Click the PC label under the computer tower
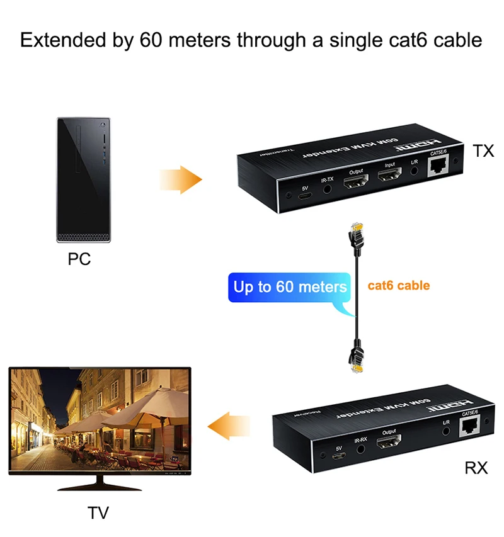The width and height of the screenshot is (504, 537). point(79,259)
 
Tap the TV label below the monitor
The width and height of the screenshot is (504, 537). point(98,513)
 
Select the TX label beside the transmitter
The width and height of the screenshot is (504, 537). point(483,150)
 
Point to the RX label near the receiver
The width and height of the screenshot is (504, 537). point(476,468)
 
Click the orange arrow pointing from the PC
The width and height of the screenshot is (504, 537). point(180,180)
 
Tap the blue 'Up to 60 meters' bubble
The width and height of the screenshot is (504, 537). point(290,288)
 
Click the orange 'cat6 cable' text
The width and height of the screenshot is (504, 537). point(398,285)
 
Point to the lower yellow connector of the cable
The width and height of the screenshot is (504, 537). point(355,360)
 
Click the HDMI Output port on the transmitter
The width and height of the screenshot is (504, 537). point(355,183)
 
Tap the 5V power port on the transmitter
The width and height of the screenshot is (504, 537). point(304,195)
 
